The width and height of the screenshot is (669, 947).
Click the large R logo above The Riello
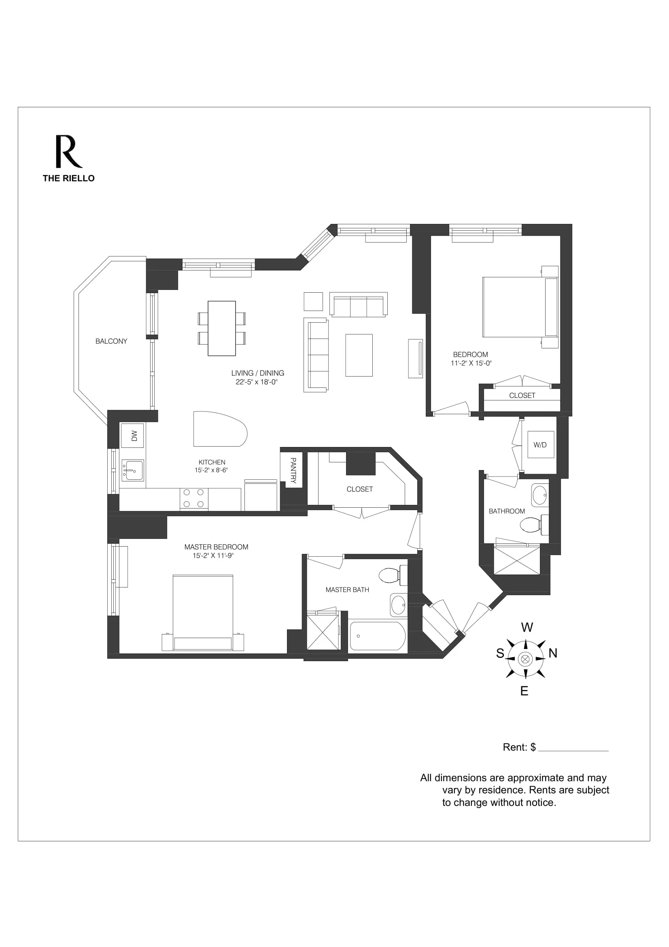(68, 151)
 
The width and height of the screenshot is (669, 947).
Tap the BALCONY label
(111, 341)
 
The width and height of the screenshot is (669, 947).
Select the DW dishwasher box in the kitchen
(133, 436)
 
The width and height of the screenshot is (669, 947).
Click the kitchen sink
(133, 470)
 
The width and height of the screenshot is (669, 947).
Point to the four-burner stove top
(194, 498)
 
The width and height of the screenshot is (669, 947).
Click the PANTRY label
(293, 470)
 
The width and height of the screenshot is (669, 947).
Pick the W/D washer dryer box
(540, 445)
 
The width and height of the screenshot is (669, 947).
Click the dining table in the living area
(222, 328)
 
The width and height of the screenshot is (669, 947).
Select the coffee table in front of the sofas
(359, 355)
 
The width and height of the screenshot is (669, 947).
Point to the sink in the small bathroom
(539, 495)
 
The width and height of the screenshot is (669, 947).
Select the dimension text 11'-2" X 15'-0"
(471, 363)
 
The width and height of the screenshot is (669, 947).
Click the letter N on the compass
(553, 653)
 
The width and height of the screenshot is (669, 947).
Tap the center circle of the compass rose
(525, 659)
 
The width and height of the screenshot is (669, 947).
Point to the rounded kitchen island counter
(219, 429)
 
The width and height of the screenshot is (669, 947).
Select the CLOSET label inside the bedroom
(522, 395)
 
